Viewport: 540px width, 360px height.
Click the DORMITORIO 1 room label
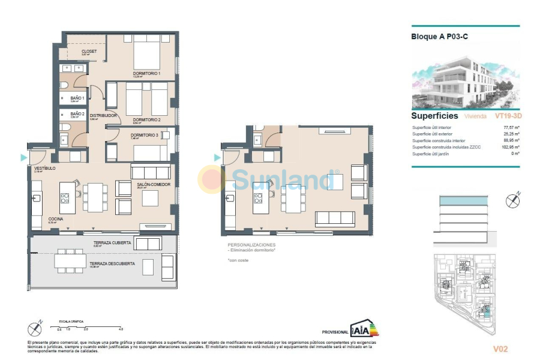[x=146, y=73]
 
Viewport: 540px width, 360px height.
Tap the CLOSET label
[x=89, y=52]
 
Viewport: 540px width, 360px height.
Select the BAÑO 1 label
[x=77, y=98]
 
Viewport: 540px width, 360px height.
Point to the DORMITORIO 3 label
[x=145, y=136]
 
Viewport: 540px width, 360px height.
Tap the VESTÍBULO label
[x=44, y=169]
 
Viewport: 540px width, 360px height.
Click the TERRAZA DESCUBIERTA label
[x=112, y=263]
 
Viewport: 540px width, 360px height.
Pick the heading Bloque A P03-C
[x=439, y=37]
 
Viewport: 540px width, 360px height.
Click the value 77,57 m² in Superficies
[x=511, y=128]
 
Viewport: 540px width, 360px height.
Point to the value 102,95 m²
[x=510, y=148]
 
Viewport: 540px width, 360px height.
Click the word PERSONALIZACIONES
[x=251, y=245]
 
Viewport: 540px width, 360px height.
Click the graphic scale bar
[x=90, y=326]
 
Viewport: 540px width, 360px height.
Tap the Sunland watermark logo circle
[x=212, y=179]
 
